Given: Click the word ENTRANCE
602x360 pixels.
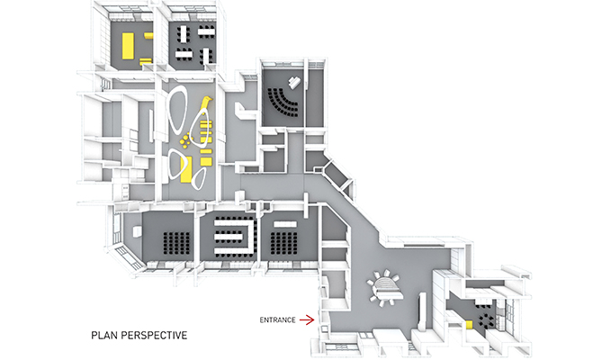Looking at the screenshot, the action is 277,319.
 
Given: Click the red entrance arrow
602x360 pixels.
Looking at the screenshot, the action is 307,319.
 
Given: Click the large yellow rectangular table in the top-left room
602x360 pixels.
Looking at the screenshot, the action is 128,46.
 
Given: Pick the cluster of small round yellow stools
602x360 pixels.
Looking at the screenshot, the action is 185,140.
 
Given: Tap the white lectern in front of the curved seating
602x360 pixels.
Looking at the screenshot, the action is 295,82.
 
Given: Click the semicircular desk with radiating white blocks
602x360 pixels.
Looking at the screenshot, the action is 384,288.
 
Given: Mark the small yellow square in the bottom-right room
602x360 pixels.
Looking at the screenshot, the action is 469,325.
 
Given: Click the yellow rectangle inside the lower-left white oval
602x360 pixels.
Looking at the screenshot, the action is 186,169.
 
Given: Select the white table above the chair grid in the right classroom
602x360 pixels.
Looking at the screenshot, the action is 285,224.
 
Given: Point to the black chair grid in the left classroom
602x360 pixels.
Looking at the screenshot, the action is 177,243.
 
